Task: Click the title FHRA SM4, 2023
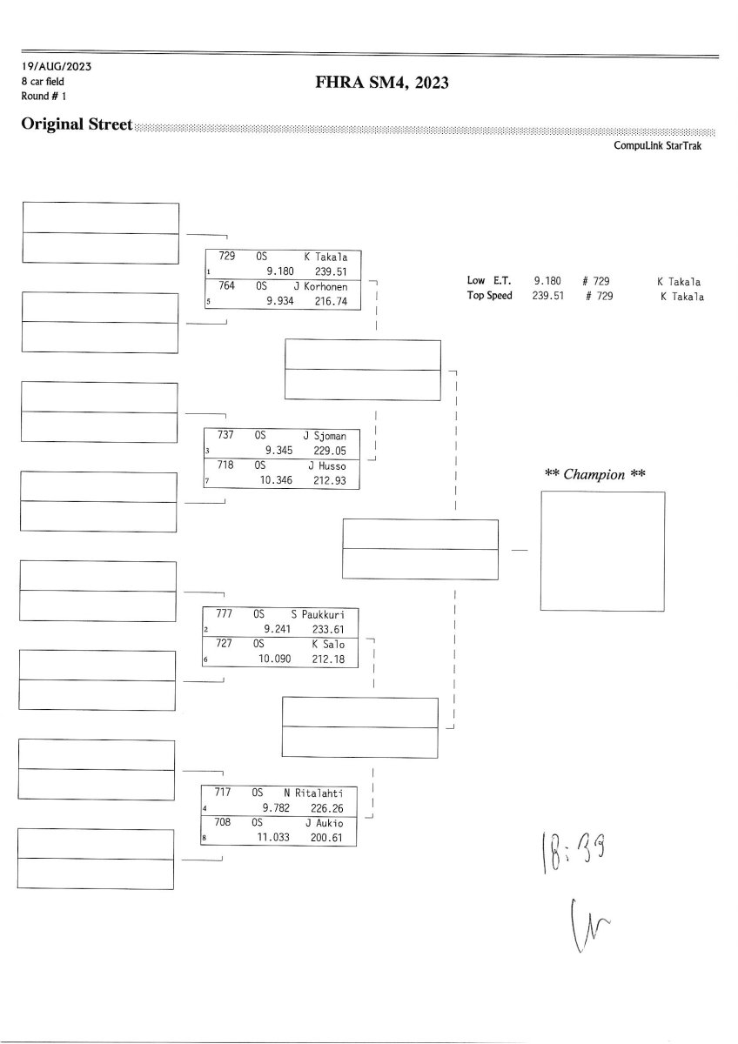(382, 84)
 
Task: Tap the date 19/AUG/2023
(57, 66)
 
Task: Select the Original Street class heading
(77, 124)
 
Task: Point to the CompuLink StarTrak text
(657, 145)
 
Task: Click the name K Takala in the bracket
(325, 258)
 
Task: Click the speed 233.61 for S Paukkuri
(330, 629)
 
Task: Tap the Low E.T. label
(489, 281)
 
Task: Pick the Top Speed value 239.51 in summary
(549, 296)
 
